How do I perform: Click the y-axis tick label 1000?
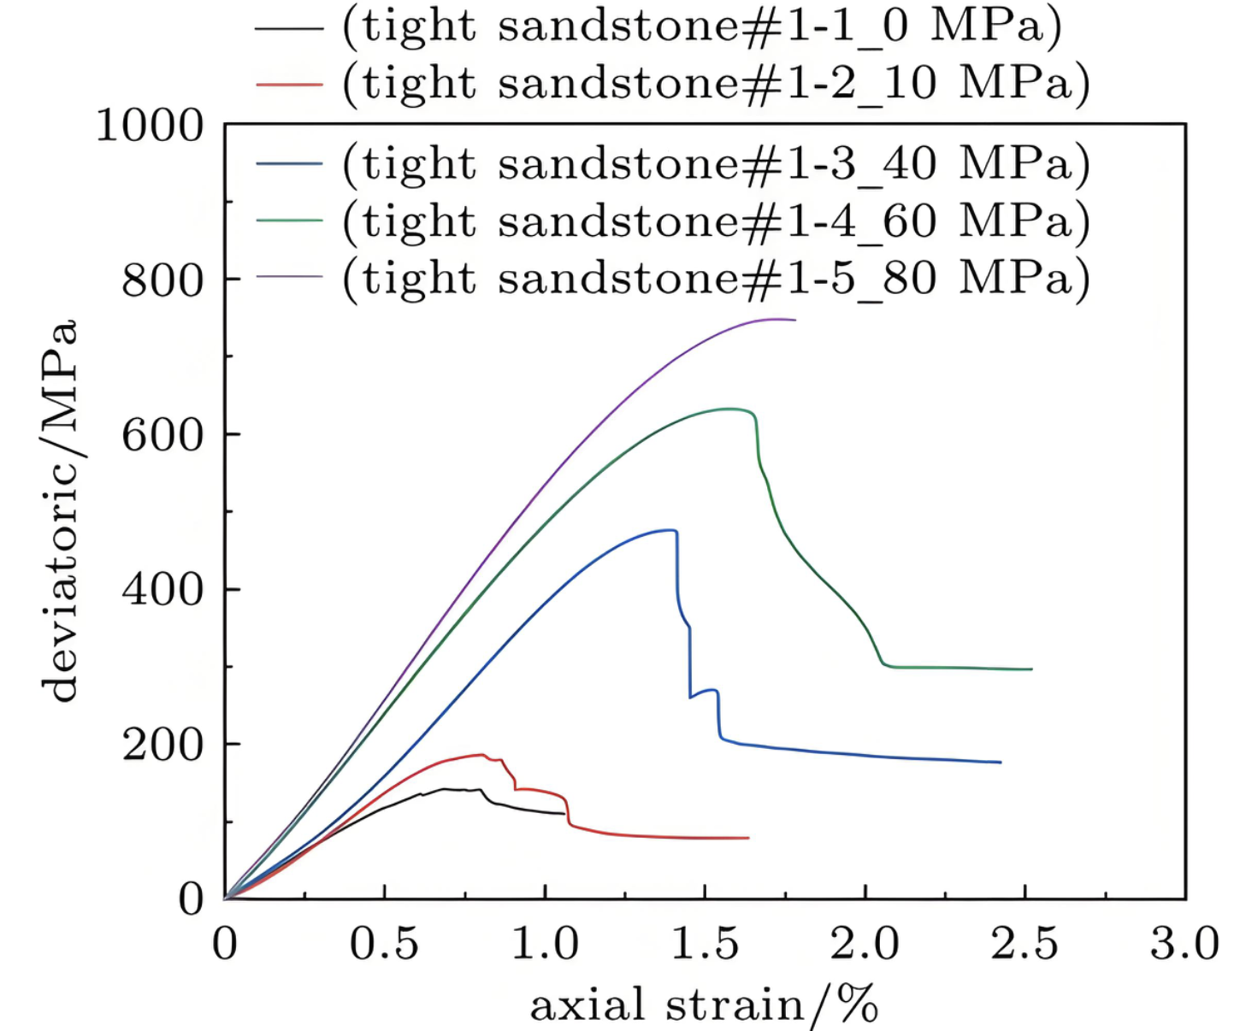(x=150, y=126)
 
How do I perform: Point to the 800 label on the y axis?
(x=162, y=280)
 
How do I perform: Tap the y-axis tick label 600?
(x=162, y=435)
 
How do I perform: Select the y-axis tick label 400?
(x=162, y=590)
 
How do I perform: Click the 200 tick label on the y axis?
(x=162, y=745)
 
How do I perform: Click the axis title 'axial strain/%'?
(x=704, y=1004)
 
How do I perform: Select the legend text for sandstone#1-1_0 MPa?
(x=701, y=27)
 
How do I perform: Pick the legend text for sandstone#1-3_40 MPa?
(x=716, y=163)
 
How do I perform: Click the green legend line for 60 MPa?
(x=289, y=221)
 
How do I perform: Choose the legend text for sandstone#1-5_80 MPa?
(x=716, y=278)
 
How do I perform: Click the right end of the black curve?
(x=565, y=813)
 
